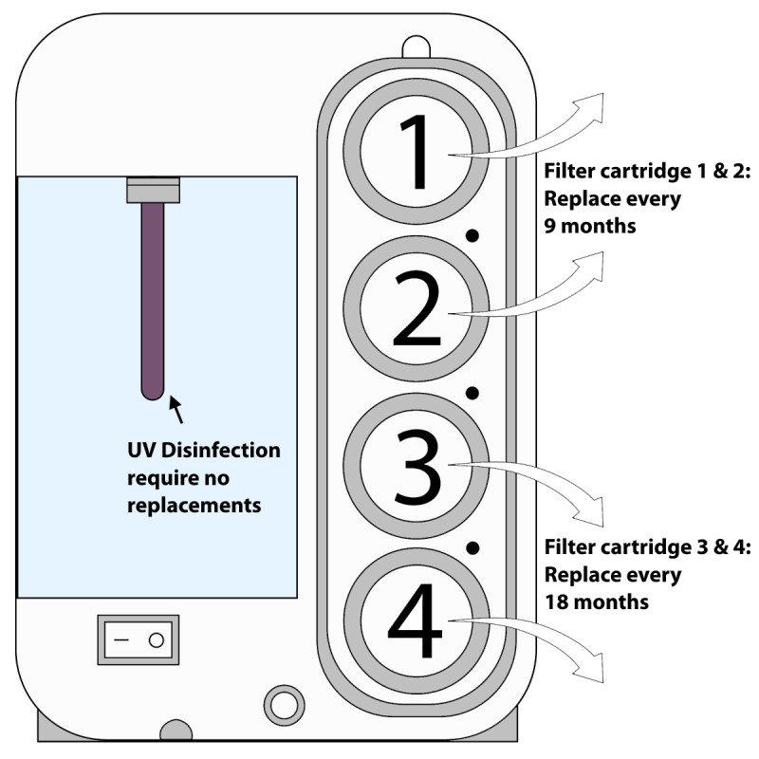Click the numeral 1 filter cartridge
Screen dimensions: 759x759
(x=417, y=152)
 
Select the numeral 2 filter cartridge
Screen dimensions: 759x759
(x=417, y=310)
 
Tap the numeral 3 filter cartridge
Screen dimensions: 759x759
(x=417, y=465)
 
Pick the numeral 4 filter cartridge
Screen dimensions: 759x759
(x=417, y=621)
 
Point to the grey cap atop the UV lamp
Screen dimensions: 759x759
(x=153, y=190)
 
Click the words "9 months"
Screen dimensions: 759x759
(x=589, y=227)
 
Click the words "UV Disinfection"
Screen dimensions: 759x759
(x=204, y=450)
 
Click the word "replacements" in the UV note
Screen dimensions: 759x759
(x=194, y=505)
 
